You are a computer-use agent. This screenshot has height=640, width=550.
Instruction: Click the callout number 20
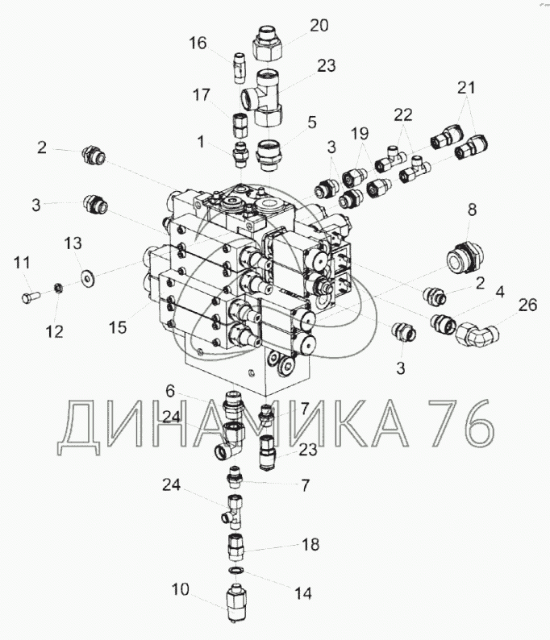319,25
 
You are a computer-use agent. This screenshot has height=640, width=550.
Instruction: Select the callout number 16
198,43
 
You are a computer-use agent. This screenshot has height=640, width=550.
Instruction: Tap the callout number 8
472,210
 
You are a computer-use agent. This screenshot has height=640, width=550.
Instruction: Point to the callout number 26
527,305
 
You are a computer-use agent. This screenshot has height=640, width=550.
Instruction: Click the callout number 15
118,327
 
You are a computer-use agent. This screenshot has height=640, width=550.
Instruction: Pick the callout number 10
180,589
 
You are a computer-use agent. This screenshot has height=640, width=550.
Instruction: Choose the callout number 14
303,593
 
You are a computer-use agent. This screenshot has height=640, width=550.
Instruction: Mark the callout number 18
310,544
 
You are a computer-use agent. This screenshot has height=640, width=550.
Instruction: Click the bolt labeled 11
29,297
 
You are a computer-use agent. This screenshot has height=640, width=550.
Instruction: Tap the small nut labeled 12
59,289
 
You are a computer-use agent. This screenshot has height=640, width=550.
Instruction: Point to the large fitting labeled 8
465,256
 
